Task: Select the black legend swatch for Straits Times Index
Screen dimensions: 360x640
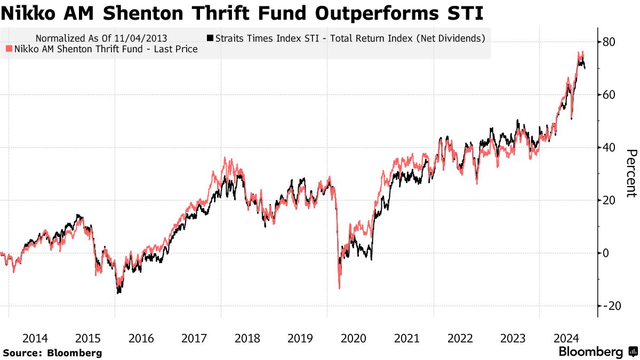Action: coord(210,38)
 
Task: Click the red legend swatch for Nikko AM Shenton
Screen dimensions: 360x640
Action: coord(8,49)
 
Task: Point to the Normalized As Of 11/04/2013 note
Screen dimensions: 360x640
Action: coord(101,38)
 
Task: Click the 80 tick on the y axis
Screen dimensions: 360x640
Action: coord(610,42)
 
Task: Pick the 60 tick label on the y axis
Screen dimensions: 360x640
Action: coord(610,94)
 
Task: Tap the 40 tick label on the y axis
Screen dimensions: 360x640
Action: coord(610,147)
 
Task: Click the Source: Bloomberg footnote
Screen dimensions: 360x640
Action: coord(52,353)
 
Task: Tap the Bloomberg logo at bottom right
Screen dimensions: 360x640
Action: coord(597,352)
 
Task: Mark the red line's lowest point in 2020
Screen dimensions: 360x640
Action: coord(339,289)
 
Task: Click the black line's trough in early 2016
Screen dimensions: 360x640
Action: coord(118,293)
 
